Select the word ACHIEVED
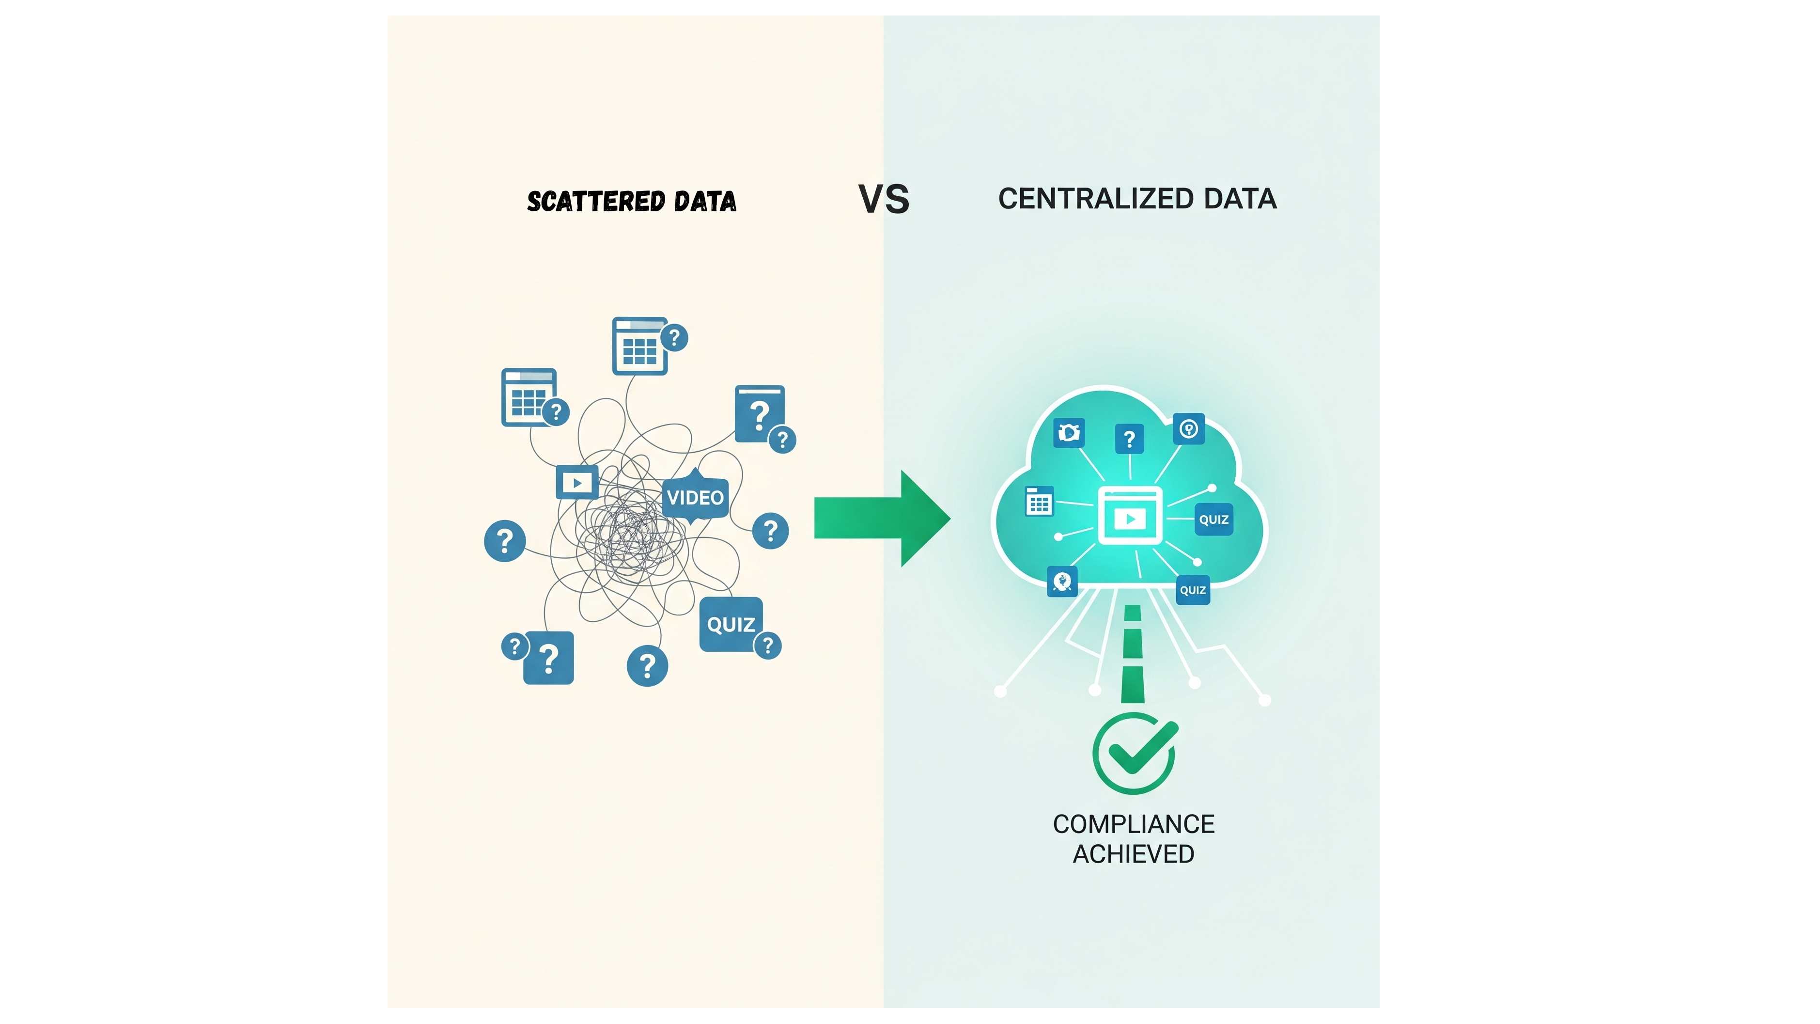tap(1133, 854)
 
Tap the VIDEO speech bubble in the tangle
tap(695, 498)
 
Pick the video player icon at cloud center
tap(1130, 516)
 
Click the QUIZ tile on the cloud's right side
tap(1213, 520)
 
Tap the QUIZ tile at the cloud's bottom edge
tap(1193, 590)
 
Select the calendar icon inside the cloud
tap(1039, 501)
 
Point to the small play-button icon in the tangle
tap(577, 483)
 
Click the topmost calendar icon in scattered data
tap(639, 346)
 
